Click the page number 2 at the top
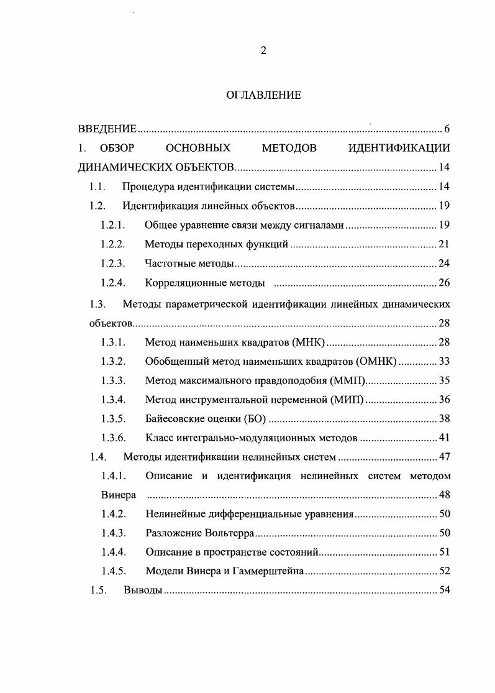(x=263, y=51)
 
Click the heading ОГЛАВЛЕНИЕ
(x=263, y=95)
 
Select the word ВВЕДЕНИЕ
(x=107, y=129)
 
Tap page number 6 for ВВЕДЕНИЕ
(x=447, y=129)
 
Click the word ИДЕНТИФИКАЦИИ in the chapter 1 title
(x=399, y=148)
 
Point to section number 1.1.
(x=98, y=187)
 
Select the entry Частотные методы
(x=189, y=264)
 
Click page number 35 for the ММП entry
(x=444, y=380)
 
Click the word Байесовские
(x=178, y=419)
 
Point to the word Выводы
(x=143, y=590)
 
